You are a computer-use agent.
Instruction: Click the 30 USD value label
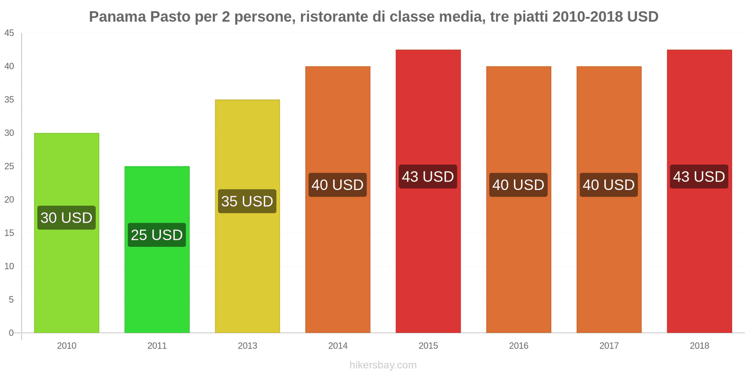point(66,218)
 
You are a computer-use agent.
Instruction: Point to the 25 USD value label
point(157,235)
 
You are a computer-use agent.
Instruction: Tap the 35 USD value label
point(247,201)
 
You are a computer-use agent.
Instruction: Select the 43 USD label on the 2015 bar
point(428,177)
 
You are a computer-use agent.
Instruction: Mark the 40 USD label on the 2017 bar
point(608,185)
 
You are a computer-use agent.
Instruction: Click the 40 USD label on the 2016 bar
point(518,185)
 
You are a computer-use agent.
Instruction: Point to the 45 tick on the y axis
point(9,33)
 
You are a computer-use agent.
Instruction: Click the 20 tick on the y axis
point(9,200)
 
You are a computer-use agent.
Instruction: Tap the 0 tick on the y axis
point(11,333)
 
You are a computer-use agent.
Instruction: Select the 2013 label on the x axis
point(247,346)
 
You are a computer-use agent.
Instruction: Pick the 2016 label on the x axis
point(518,346)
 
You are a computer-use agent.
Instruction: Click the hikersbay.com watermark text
point(383,365)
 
